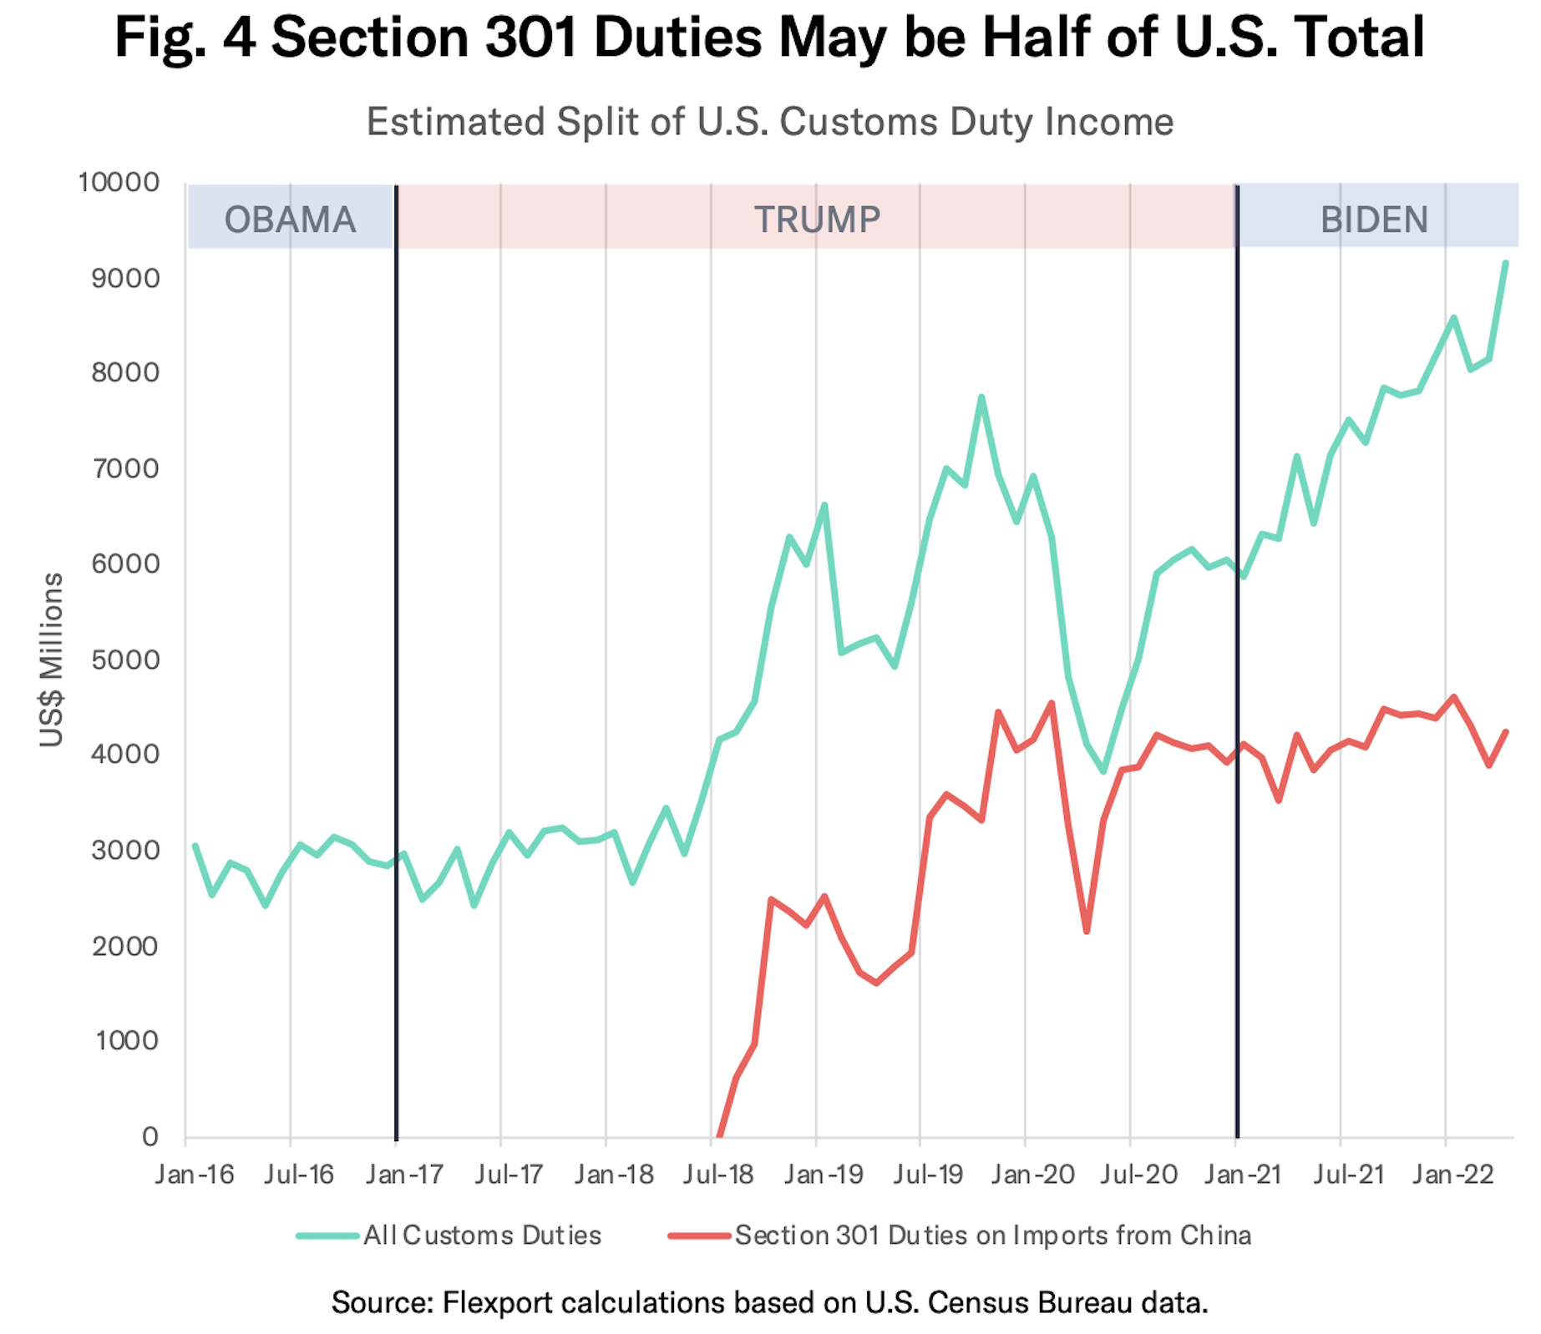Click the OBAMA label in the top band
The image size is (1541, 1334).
tap(290, 220)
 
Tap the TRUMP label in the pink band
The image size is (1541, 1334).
tap(817, 220)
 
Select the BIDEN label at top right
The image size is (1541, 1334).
tap(1373, 220)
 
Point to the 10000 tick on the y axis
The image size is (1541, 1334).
tap(119, 182)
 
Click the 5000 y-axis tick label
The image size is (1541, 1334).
tap(125, 659)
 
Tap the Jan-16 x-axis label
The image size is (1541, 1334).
tap(195, 1175)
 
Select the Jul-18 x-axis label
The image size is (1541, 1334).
tap(718, 1175)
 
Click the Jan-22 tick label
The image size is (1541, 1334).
tap(1453, 1175)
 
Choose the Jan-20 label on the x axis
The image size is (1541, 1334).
tap(1033, 1175)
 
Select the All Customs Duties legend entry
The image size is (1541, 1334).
tap(481, 1235)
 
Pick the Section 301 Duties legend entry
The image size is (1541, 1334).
tap(992, 1235)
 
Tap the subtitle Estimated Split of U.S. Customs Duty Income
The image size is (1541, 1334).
tap(770, 122)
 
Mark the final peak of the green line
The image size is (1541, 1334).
tap(1505, 263)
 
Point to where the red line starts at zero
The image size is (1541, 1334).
tap(719, 1135)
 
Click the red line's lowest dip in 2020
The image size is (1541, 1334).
tap(1087, 932)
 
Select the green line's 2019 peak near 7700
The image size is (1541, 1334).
tap(981, 397)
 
